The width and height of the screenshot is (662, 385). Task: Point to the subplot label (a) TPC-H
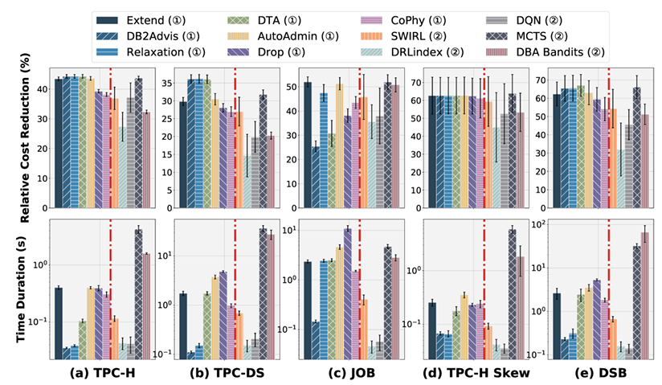pos(102,373)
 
